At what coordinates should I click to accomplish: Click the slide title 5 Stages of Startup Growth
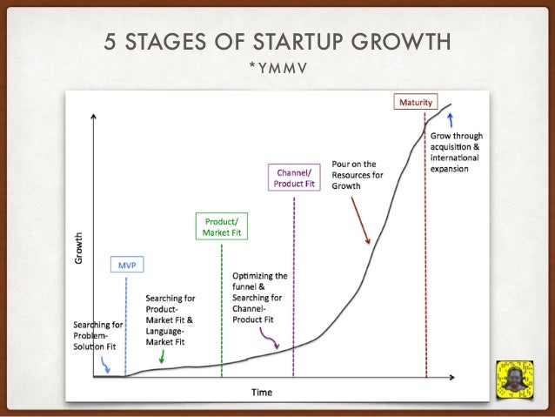(277, 43)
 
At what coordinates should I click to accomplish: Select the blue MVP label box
(126, 264)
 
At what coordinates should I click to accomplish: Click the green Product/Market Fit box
(221, 227)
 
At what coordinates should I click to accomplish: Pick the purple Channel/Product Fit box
(293, 178)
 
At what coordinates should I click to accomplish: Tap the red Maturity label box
(416, 103)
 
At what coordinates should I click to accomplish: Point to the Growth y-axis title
(80, 248)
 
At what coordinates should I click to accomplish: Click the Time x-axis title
(262, 393)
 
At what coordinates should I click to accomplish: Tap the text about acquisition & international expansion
(457, 152)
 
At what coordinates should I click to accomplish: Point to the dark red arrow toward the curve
(360, 219)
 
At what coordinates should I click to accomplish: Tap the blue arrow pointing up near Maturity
(451, 118)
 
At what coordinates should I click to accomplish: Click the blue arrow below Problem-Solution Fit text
(106, 366)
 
